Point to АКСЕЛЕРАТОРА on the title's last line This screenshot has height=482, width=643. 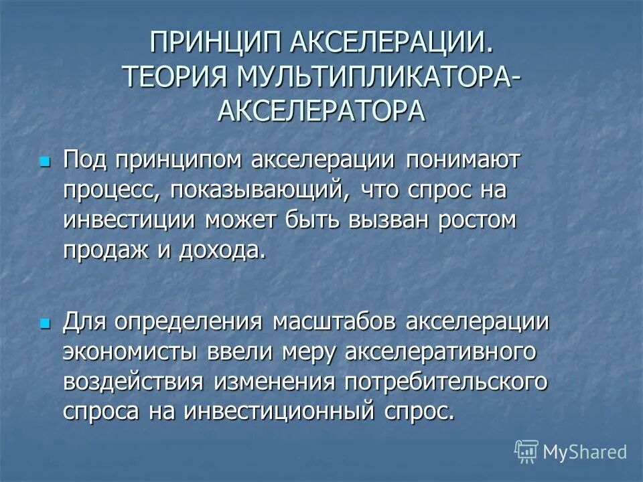click(321, 110)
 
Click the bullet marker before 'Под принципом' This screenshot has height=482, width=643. click(46, 162)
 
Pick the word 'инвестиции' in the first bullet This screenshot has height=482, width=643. click(130, 220)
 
